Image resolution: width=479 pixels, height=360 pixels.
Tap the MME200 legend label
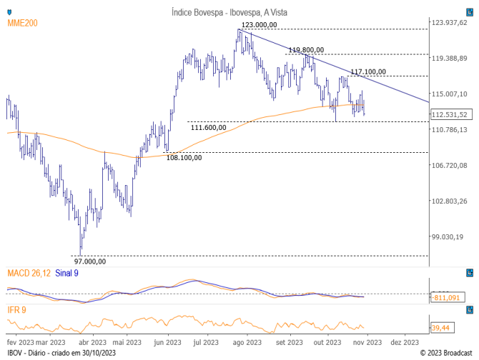(22, 24)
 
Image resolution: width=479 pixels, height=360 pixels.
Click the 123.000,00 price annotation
(259, 25)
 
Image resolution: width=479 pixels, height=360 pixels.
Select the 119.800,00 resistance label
(306, 50)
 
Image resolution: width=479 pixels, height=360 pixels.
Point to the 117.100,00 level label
(368, 71)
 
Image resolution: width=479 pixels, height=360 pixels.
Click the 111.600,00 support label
(209, 127)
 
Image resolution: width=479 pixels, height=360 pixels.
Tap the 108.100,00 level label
(184, 158)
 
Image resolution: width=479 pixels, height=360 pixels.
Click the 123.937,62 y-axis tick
(449, 23)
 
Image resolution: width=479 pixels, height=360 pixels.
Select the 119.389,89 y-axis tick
(449, 59)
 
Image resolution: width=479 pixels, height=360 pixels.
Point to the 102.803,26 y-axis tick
(449, 201)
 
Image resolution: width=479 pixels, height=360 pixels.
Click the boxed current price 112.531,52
(450, 114)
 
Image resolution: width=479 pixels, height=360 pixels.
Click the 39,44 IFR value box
(441, 327)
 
